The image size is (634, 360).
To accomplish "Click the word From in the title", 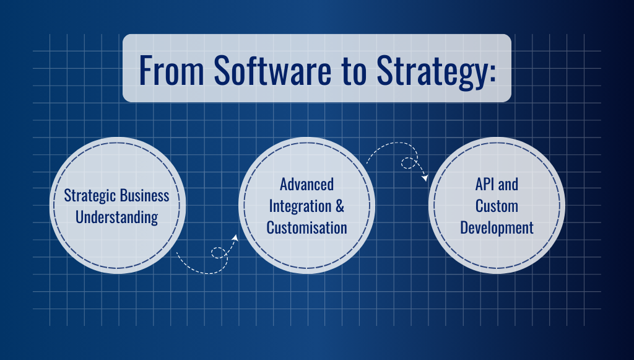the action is point(172,70).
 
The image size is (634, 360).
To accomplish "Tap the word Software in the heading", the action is point(272,70).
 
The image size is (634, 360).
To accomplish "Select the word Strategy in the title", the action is point(432,72).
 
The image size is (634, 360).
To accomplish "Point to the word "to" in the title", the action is point(354,72).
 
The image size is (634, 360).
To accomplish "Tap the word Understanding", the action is point(116,217).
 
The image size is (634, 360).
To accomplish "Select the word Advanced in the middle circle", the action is point(307,185).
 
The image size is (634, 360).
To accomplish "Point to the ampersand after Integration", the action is point(340,206).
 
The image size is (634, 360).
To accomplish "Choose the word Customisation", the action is point(307,228).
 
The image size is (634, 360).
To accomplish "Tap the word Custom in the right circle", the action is point(497,206).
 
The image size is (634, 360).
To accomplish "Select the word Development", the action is point(497,229).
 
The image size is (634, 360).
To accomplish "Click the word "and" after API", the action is point(508,185).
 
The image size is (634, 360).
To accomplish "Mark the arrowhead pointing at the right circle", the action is point(425,178).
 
